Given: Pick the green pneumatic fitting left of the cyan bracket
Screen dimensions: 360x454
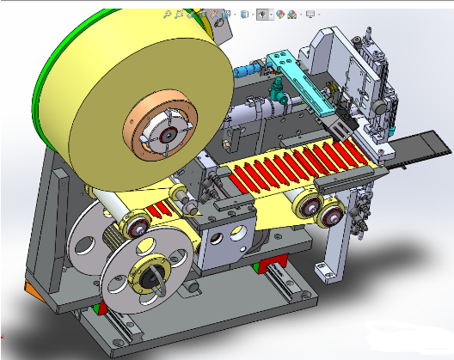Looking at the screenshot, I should tap(278, 86).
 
